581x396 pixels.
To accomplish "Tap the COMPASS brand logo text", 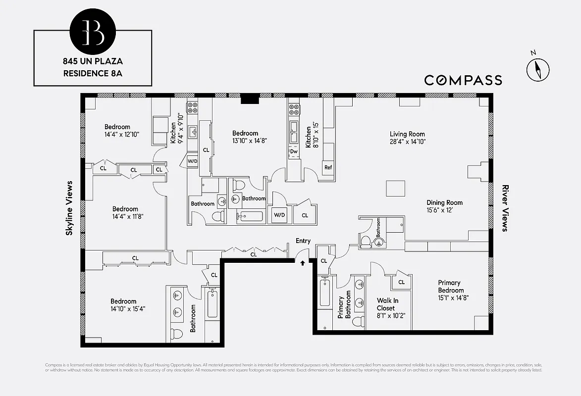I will (x=463, y=80).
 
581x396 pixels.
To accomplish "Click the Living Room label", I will (x=407, y=134).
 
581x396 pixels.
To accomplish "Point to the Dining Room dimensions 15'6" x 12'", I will (x=444, y=210).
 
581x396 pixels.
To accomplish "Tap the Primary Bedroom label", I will (x=451, y=287).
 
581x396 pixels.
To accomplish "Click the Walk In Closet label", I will (x=387, y=304).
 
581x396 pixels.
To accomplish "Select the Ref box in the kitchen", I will (x=328, y=167).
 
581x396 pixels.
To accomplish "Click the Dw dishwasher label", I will (x=294, y=151).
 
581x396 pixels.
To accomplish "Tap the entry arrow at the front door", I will (x=302, y=263).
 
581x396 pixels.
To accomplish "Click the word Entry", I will (x=303, y=241).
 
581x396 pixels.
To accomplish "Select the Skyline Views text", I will (x=69, y=208).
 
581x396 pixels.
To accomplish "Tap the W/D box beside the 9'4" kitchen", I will (x=192, y=161).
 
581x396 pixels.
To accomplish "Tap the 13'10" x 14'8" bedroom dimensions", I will (x=250, y=141).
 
